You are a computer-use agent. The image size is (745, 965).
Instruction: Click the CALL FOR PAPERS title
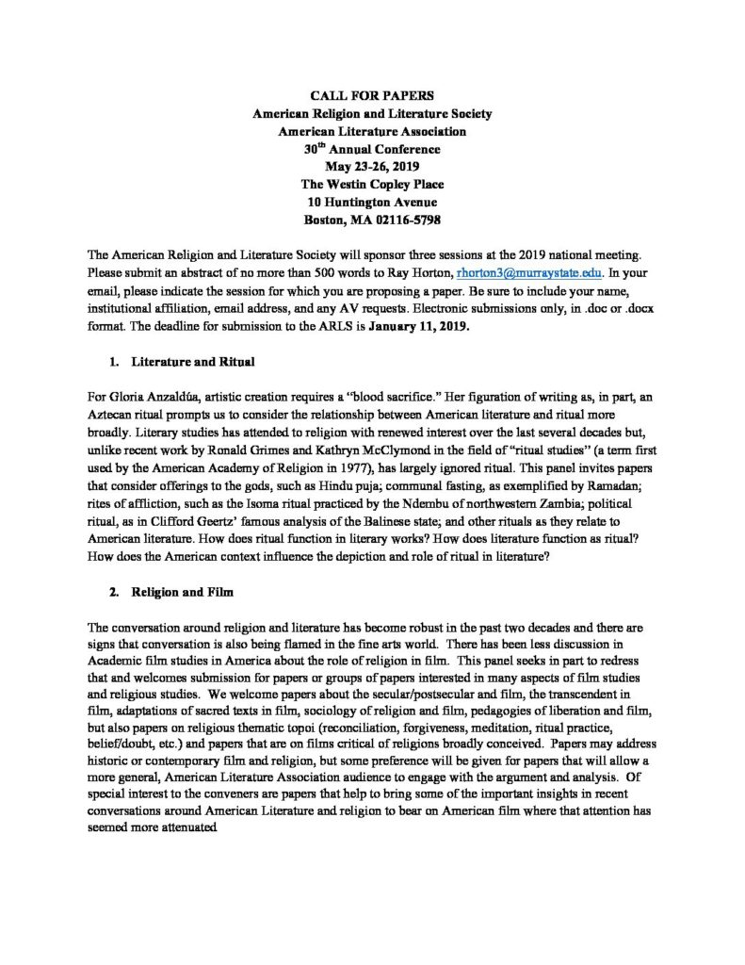click(372, 94)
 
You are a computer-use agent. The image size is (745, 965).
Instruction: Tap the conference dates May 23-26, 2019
click(372, 167)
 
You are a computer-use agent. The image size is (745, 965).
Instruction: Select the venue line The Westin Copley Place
click(372, 185)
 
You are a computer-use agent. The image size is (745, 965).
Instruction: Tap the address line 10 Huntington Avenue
click(372, 203)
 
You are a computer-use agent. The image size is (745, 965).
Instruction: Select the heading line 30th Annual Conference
click(372, 149)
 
